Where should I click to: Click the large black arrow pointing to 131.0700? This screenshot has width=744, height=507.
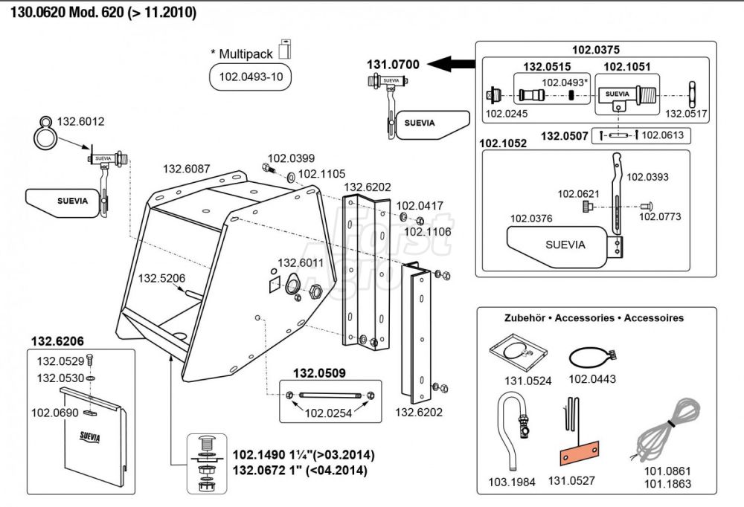point(451,63)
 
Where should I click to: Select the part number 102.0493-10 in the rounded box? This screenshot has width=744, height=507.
point(251,77)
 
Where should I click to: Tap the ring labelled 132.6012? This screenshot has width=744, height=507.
point(45,134)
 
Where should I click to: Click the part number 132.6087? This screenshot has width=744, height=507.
point(186,169)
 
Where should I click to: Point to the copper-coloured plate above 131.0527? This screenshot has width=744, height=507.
point(580,453)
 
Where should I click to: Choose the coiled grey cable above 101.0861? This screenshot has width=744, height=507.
point(668,429)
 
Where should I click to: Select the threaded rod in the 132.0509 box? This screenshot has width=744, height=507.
point(330,395)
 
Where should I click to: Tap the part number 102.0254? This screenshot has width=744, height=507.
point(328,413)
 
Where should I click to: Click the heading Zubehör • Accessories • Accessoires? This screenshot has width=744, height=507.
point(594,318)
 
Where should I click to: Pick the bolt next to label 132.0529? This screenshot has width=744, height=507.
point(89,360)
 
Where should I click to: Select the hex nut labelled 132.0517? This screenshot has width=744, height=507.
point(692,95)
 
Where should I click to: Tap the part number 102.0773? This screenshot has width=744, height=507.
point(659,217)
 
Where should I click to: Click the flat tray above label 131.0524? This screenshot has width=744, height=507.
point(518,352)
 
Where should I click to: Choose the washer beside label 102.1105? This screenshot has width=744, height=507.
point(290,178)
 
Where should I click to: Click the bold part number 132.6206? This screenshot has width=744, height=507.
point(57,341)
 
